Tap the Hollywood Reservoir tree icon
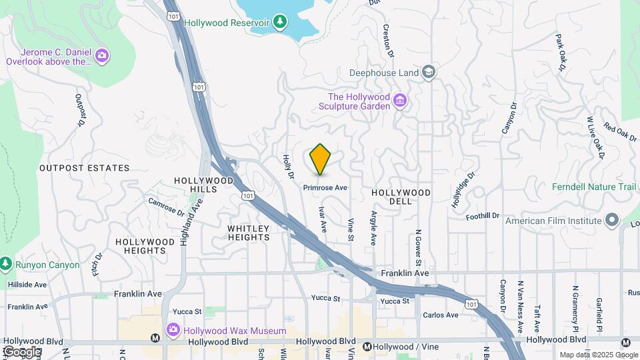pyautogui.click(x=281, y=22)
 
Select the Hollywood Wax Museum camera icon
pyautogui.click(x=173, y=330)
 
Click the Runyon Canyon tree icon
pyautogui.click(x=5, y=265)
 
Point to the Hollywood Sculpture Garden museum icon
pyautogui.click(x=400, y=101)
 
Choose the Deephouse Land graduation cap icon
pyautogui.click(x=429, y=72)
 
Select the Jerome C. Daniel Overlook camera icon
pyautogui.click(x=102, y=55)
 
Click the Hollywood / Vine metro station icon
pyautogui.click(x=367, y=346)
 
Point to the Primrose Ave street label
pyautogui.click(x=325, y=188)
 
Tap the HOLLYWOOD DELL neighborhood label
pyautogui.click(x=401, y=193)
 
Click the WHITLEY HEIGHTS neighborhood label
pyautogui.click(x=249, y=233)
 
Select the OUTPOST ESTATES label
pyautogui.click(x=84, y=168)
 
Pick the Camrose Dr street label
pyautogui.click(x=166, y=207)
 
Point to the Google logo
pyautogui.click(x=21, y=352)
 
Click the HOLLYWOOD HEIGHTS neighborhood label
pyautogui.click(x=141, y=246)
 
